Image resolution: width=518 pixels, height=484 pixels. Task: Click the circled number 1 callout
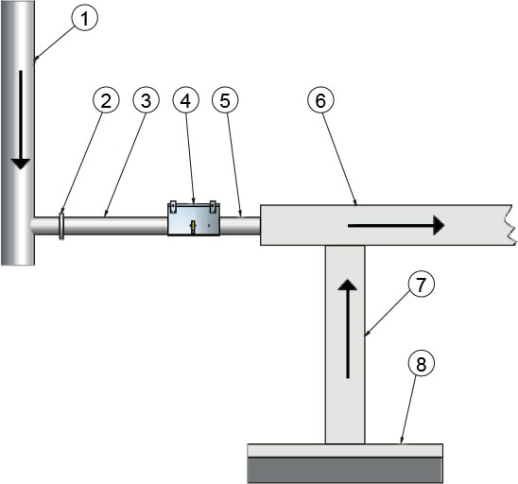85,18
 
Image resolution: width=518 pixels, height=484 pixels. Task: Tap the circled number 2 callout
106,100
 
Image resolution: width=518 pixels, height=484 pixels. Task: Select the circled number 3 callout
146,100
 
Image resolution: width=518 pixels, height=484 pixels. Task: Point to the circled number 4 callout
185,100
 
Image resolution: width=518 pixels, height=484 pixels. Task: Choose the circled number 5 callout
225,100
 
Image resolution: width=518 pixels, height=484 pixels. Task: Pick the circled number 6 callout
320,100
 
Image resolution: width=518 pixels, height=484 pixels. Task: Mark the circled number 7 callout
421,285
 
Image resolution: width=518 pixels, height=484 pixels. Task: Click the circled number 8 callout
422,364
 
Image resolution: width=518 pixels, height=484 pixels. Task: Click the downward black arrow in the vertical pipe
21,120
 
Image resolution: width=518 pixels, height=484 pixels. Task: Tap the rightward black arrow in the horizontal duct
396,226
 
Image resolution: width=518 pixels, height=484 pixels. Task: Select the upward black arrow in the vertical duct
347,329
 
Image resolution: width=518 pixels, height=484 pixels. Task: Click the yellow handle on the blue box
193,228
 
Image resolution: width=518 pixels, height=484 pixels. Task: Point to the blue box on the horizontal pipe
194,218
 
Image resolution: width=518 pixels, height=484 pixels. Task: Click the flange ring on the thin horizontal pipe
61,226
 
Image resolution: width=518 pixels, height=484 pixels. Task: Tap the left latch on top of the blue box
173,207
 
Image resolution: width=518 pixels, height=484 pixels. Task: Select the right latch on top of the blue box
213,207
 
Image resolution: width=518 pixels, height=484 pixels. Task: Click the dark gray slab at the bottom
345,470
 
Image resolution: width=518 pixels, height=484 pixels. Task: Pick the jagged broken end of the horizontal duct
510,225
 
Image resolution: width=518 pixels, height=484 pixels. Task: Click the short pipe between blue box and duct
240,226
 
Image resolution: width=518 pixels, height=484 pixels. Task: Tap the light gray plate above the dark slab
345,451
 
